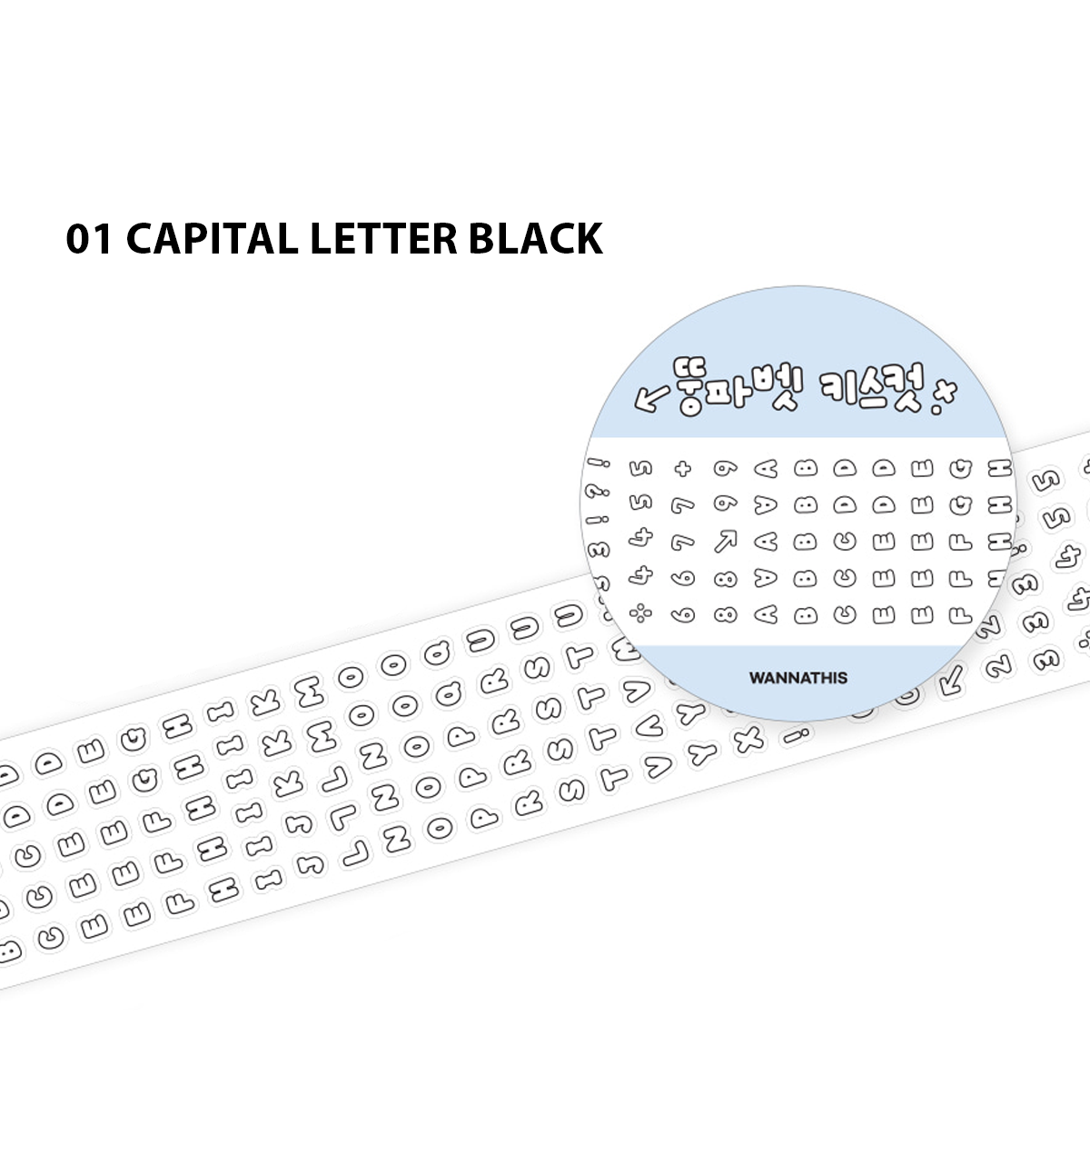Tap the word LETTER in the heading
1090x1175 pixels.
click(x=383, y=239)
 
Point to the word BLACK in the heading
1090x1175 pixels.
click(x=536, y=239)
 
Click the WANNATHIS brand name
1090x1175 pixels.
click(x=798, y=678)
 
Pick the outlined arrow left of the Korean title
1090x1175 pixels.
click(x=651, y=398)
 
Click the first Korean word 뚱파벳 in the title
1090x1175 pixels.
click(x=738, y=388)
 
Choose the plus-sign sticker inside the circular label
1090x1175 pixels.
click(x=682, y=469)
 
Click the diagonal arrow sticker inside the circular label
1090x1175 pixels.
click(x=725, y=542)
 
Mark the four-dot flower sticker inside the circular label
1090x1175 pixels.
click(x=641, y=613)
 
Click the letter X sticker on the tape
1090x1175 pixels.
click(x=750, y=741)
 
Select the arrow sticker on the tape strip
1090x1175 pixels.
click(x=952, y=679)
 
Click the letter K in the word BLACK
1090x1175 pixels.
click(x=587, y=239)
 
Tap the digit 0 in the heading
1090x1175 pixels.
click(x=79, y=239)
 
